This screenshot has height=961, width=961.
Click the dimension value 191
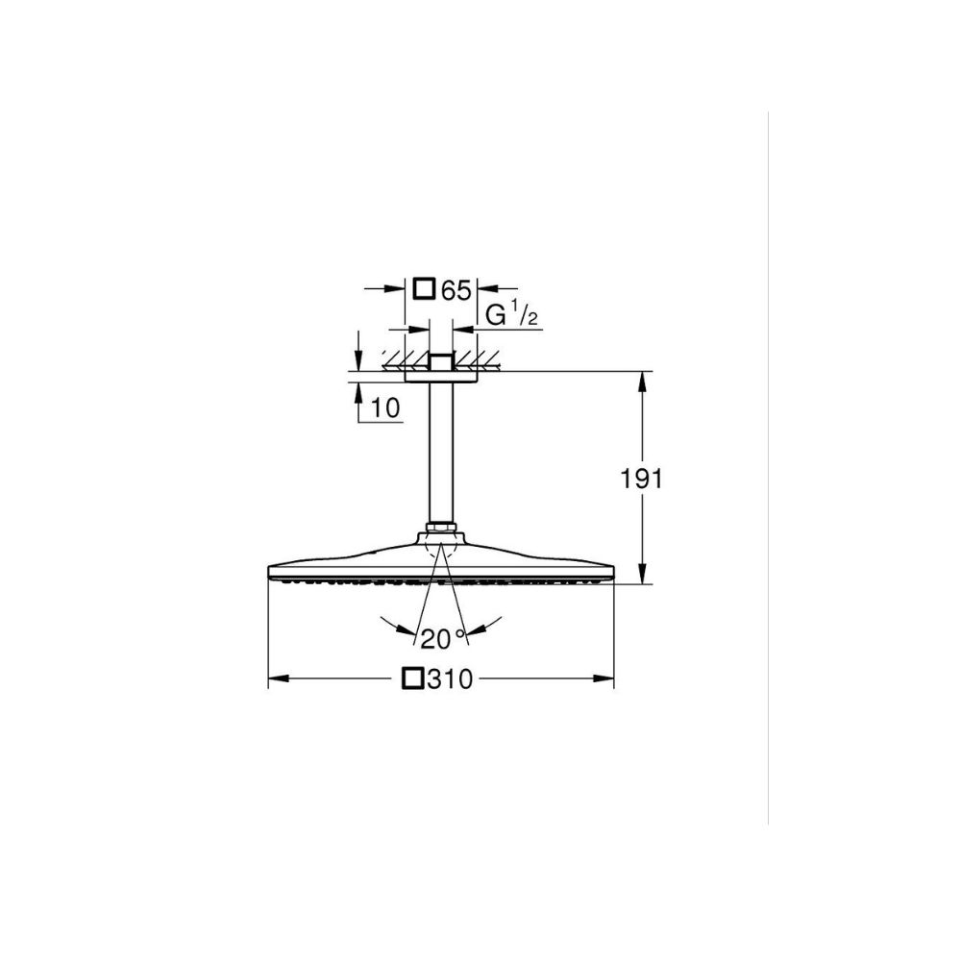(x=642, y=479)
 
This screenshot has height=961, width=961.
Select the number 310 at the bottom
(x=450, y=679)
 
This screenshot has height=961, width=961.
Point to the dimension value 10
(x=385, y=407)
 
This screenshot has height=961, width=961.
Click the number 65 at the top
(x=456, y=290)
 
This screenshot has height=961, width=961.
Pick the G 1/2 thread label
(x=511, y=315)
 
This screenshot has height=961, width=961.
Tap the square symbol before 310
(x=412, y=678)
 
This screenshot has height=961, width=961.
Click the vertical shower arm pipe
(x=441, y=454)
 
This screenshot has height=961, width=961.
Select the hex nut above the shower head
(x=441, y=528)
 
